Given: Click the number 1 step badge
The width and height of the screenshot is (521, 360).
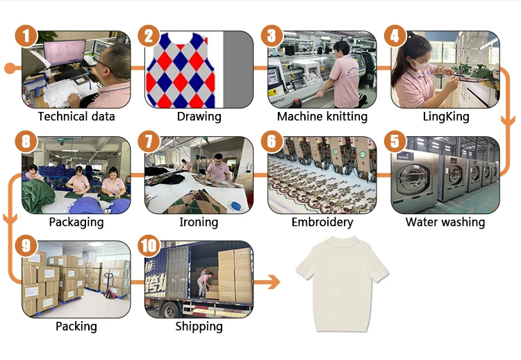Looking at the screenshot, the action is [x=26, y=36].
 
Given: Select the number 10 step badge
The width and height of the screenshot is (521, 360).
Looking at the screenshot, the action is [x=149, y=246].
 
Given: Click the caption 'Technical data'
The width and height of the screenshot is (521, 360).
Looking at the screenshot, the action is [x=76, y=117].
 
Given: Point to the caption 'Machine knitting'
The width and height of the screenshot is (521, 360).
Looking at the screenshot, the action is [x=322, y=117].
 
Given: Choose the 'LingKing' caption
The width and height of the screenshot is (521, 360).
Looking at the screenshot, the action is [x=445, y=117].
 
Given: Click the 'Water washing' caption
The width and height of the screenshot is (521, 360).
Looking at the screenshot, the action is [x=445, y=222].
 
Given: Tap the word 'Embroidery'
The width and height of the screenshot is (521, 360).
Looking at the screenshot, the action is [x=322, y=222].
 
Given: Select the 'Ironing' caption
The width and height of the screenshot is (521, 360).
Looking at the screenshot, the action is [x=199, y=222].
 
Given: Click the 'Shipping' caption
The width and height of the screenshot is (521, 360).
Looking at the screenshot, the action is [x=199, y=327].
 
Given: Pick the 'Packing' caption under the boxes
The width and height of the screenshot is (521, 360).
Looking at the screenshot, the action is [x=76, y=327].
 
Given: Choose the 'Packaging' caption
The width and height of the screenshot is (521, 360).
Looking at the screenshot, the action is [x=76, y=222].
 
